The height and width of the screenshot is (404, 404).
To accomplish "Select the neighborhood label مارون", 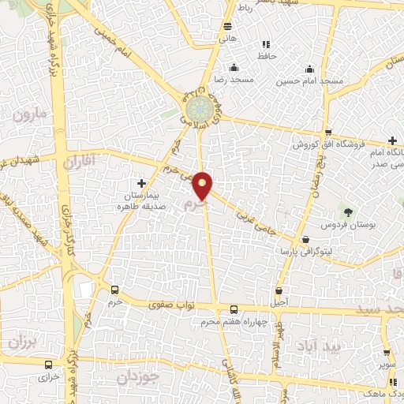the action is tap(30, 116).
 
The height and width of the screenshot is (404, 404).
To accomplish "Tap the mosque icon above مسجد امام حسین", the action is tap(310, 69).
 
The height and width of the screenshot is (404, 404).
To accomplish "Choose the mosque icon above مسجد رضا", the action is tap(233, 69).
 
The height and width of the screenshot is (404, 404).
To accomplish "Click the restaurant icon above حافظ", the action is tap(264, 44).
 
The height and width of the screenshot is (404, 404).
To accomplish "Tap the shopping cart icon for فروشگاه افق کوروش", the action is tap(326, 133).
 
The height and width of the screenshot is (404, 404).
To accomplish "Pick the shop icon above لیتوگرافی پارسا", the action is tap(305, 239).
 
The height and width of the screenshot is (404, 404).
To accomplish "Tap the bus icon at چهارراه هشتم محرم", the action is tap(233, 309).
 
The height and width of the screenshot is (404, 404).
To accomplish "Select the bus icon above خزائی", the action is tap(50, 365).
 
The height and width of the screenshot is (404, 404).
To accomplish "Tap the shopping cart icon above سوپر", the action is tap(387, 353).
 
